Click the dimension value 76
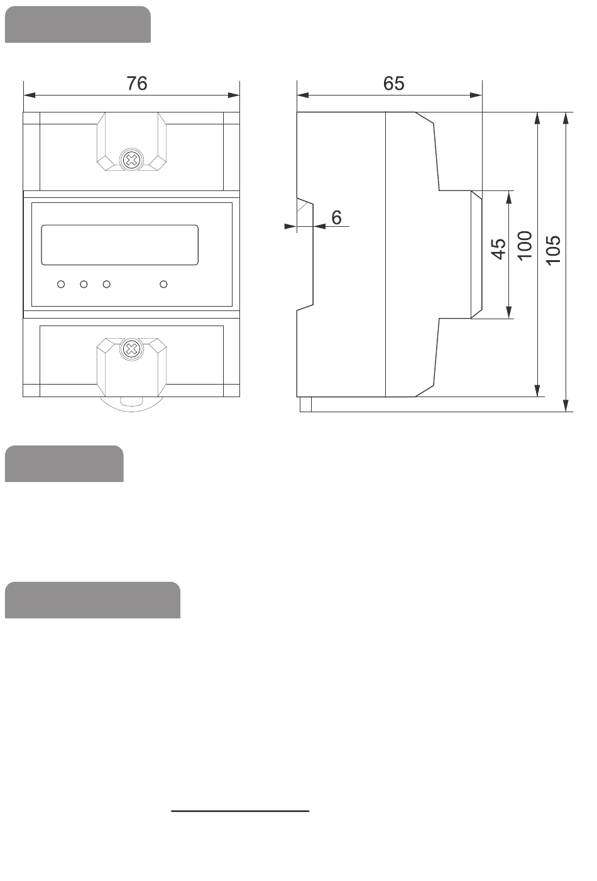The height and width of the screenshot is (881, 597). click(137, 84)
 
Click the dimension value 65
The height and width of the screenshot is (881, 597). click(394, 84)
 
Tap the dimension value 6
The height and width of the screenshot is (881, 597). click(337, 217)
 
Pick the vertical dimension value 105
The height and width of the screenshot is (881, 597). click(554, 249)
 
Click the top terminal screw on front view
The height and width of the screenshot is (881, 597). click(131, 160)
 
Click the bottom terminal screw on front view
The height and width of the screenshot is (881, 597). click(131, 349)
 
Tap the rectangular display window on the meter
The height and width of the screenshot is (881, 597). click(119, 244)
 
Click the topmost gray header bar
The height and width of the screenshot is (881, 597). click(78, 25)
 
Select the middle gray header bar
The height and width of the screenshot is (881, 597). click(64, 464)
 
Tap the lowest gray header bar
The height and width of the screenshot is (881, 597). click(92, 600)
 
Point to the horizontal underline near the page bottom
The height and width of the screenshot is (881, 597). click(241, 811)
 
